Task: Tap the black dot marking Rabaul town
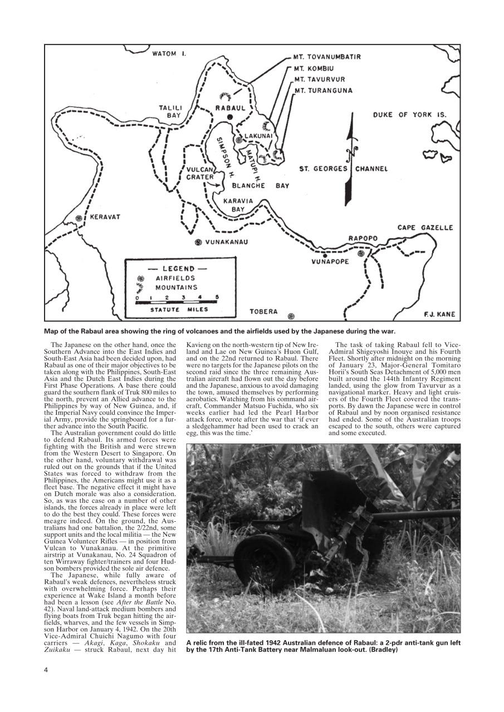[229, 117]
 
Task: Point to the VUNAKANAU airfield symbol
[198, 242]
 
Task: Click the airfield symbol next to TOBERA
[291, 317]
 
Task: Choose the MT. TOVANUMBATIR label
[327, 57]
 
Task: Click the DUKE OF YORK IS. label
[410, 115]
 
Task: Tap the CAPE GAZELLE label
[425, 228]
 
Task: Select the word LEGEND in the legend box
[178, 269]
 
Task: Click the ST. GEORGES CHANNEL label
[344, 169]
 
